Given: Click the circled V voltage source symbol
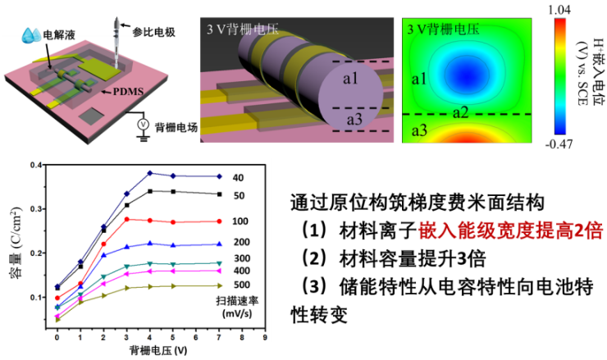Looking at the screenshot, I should (140, 125).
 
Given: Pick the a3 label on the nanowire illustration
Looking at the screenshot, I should (353, 121).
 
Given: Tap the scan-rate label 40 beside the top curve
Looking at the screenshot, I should (237, 177).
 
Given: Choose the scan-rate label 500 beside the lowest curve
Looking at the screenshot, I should (240, 285).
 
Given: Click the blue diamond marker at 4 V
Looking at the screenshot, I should (149, 173).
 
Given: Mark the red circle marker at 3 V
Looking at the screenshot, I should (126, 219).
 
